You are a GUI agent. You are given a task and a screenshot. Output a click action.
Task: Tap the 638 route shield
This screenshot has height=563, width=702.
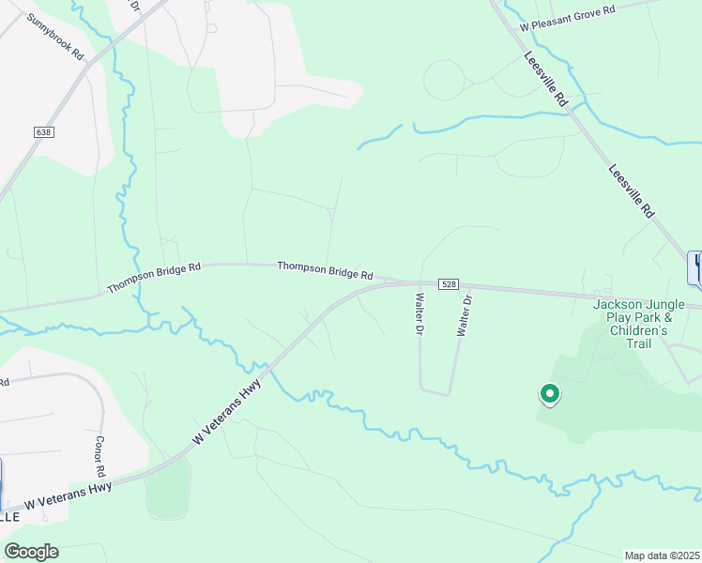44,132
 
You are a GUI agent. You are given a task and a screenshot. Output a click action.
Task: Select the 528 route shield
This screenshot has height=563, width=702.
448,284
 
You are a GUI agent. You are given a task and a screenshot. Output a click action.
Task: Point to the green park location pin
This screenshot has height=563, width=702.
549,395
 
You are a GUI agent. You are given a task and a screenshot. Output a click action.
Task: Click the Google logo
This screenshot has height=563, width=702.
31,552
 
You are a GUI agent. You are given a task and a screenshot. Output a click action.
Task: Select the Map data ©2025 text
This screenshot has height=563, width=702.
661,555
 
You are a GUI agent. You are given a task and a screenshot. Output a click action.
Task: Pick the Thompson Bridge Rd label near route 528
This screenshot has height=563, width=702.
325,270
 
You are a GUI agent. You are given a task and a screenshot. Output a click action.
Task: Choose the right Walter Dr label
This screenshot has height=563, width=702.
463,314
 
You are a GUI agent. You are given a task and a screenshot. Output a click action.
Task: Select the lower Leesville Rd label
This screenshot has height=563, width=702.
631,192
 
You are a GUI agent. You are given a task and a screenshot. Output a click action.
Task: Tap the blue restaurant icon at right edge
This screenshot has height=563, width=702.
696,266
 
